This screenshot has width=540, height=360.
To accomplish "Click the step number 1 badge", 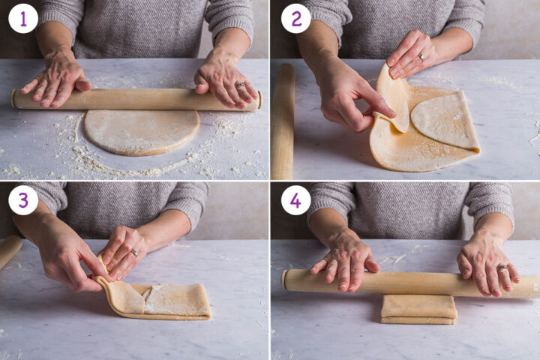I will point(22,19).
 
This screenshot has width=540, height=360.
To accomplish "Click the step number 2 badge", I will point(295,19).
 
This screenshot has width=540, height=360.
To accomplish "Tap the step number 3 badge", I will point(22,200).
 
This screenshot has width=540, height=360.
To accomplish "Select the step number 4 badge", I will point(295,200).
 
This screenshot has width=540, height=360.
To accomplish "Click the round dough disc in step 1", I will point(141,132).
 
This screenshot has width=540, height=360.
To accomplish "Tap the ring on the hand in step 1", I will point(241,85).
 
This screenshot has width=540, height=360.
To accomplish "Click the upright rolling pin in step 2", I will point(283,120).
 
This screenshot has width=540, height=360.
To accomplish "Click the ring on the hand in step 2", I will point(421,56).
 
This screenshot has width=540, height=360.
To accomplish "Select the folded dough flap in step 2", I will point(445,120).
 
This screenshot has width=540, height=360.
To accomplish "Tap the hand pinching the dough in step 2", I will point(349,97).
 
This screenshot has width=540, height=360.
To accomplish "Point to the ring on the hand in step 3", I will point(133,252).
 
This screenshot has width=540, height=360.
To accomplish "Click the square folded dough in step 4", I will point(418,308).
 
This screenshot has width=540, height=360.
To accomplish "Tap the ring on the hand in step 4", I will point(502,267).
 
